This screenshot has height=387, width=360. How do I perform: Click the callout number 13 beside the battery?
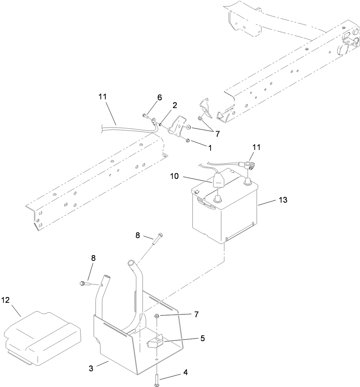(x=283, y=200)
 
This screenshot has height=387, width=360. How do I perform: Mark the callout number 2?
(x=174, y=105)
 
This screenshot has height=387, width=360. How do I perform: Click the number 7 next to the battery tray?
(x=196, y=314)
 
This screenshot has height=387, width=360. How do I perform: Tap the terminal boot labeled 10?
(x=218, y=181)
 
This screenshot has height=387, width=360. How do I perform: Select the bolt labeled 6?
(x=145, y=116)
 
